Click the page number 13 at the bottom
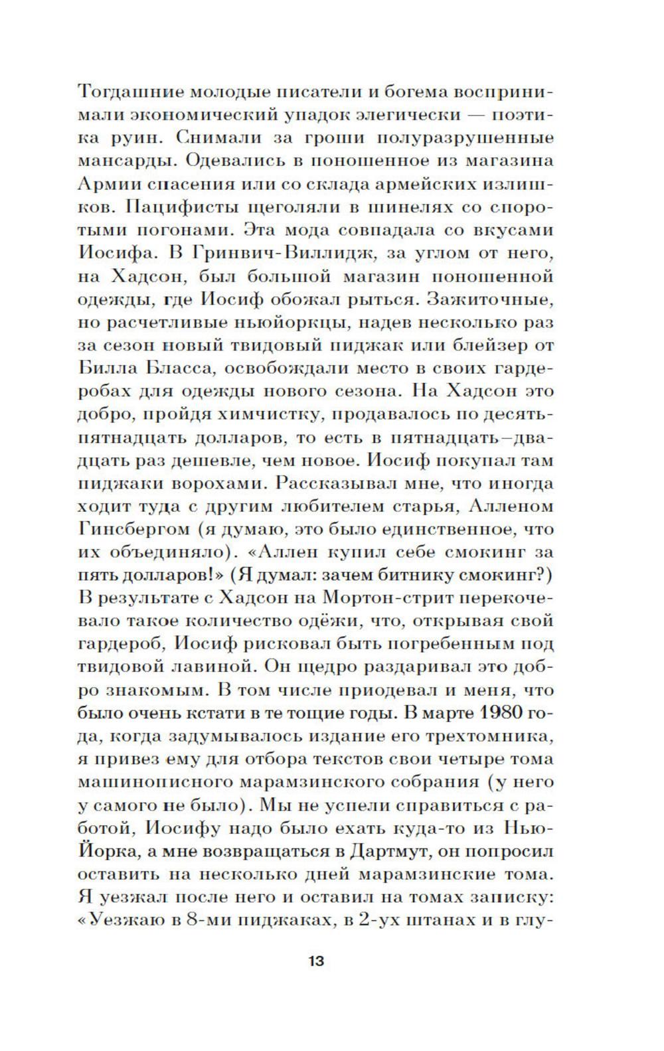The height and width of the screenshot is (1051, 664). (x=316, y=961)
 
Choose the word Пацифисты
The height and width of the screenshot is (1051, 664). (x=183, y=206)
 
